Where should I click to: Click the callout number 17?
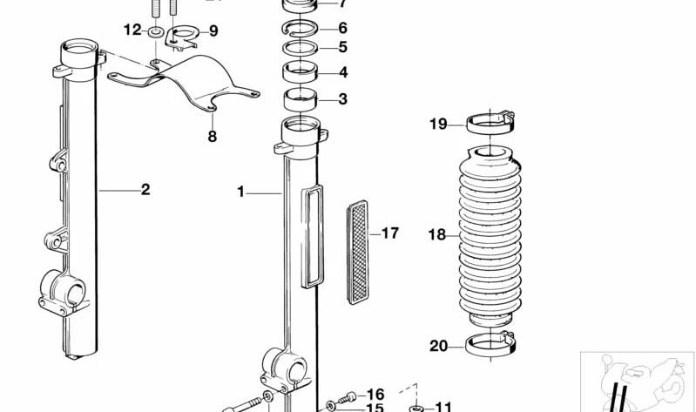(x=389, y=233)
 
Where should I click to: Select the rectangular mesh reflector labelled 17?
(x=357, y=252)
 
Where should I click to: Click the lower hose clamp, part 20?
(x=491, y=345)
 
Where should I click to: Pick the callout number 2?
(x=145, y=189)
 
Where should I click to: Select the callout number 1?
(x=241, y=189)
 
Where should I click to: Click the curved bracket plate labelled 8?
(x=187, y=85)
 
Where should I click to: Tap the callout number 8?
(x=212, y=136)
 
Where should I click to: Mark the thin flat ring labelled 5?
(x=301, y=47)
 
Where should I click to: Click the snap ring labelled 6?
(x=300, y=29)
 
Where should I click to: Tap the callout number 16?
(x=375, y=394)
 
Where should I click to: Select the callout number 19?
(x=437, y=125)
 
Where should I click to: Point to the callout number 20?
(x=438, y=347)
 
